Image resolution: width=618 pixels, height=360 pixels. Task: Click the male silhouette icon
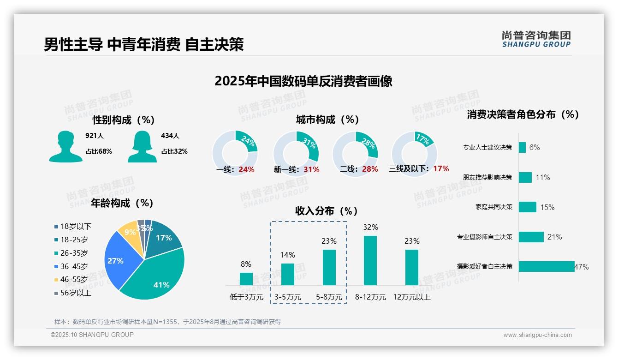pyautogui.click(x=65, y=146)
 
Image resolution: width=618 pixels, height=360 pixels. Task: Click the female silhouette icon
pyautogui.click(x=142, y=146)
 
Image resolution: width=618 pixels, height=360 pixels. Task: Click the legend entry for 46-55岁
pyautogui.click(x=74, y=280)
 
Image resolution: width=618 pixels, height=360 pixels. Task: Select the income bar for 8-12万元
pyautogui.click(x=370, y=260)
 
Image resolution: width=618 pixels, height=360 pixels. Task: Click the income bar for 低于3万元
pyautogui.click(x=246, y=279)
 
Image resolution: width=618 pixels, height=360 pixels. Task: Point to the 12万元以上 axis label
pyautogui.click(x=411, y=297)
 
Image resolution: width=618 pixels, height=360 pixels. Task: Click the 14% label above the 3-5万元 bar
pyautogui.click(x=287, y=255)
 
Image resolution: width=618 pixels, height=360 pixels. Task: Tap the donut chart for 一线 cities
pyautogui.click(x=235, y=153)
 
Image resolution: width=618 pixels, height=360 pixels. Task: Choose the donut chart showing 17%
pyautogui.click(x=414, y=153)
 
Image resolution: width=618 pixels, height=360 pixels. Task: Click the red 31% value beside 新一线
pyautogui.click(x=311, y=169)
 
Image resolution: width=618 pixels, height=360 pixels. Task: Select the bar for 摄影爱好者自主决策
pyautogui.click(x=546, y=266)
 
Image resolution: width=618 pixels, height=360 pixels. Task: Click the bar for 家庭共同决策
pyautogui.click(x=527, y=207)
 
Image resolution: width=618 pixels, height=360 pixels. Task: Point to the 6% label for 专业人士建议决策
pyautogui.click(x=534, y=147)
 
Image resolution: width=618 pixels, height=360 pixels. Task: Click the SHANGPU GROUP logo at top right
pyautogui.click(x=536, y=39)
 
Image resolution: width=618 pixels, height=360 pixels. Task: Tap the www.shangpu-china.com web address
pyautogui.click(x=537, y=335)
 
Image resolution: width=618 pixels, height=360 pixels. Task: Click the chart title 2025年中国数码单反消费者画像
pyautogui.click(x=303, y=81)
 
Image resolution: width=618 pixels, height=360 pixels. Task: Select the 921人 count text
pyautogui.click(x=95, y=136)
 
